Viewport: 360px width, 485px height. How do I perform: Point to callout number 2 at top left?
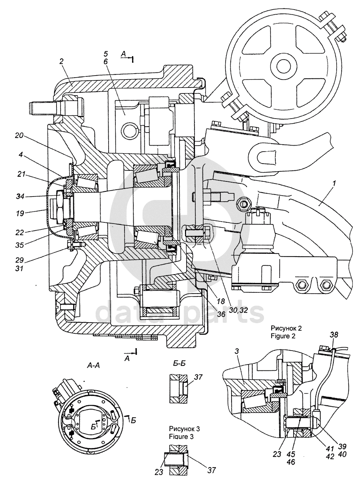(62, 62)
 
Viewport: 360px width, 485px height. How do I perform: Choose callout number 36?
(221, 314)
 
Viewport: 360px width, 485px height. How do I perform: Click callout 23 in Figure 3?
(160, 471)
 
